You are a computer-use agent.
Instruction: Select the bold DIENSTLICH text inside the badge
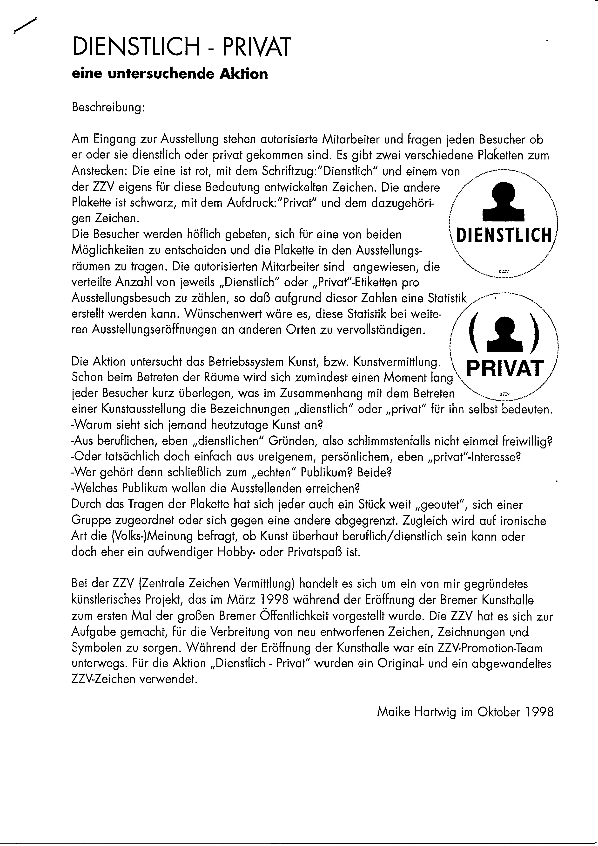coord(504,235)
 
